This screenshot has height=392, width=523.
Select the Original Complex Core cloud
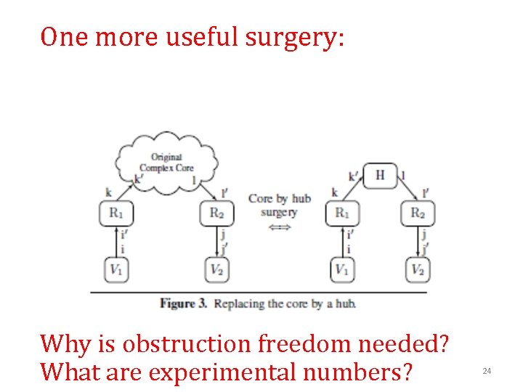[x=166, y=162]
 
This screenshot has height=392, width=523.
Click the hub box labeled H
[x=379, y=175]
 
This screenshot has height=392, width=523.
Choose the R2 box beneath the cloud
[x=216, y=213]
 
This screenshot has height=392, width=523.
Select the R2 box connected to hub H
[x=418, y=213]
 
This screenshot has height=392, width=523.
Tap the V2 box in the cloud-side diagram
[x=216, y=270]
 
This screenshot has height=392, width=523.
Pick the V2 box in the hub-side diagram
[x=418, y=270]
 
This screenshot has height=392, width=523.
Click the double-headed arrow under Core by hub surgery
[x=279, y=227]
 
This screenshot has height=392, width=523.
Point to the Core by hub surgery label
[x=279, y=205]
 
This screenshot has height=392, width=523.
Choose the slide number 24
[x=487, y=372]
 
